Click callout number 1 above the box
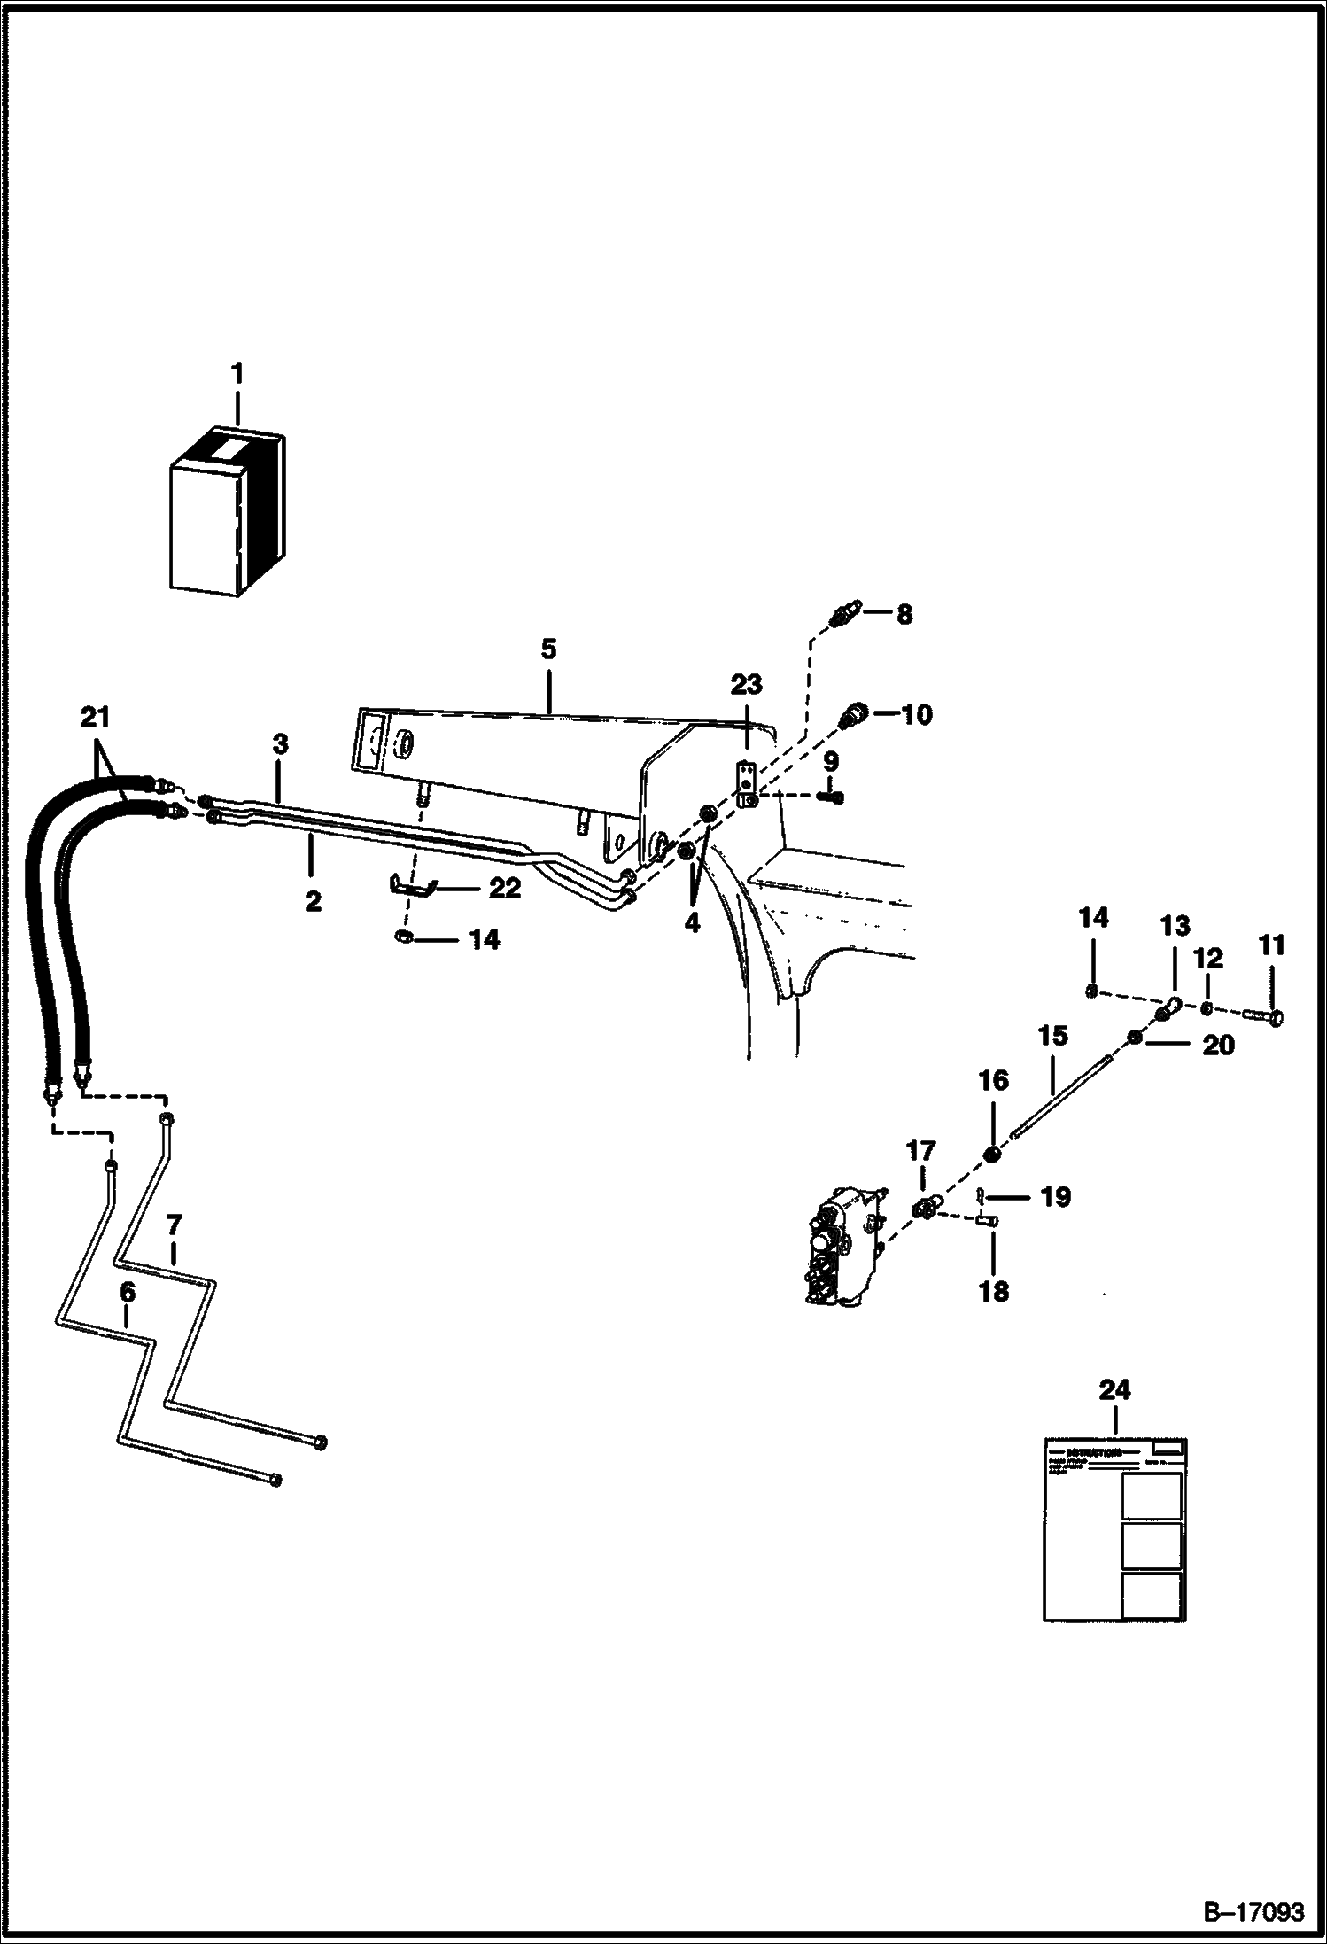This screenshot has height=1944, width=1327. pos(237,374)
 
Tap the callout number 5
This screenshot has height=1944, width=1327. pos(548,649)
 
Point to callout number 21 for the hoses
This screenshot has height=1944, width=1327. pos(96,716)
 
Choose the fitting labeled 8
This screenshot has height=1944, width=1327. pos(842,616)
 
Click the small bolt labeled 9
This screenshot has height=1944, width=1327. pos(832,797)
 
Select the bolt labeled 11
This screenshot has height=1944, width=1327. pos(1265,1017)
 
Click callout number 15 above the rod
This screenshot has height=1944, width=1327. pos(1052,1036)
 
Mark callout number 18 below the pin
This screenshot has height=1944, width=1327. pos(993,1292)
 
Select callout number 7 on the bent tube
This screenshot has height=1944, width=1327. pos(174,1225)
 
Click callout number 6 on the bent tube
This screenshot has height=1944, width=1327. pos(128,1293)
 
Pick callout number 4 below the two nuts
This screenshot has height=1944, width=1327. pos(692,922)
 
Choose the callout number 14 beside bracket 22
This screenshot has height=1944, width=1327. pos(484,939)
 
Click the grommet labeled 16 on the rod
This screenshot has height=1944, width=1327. pos(993,1153)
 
